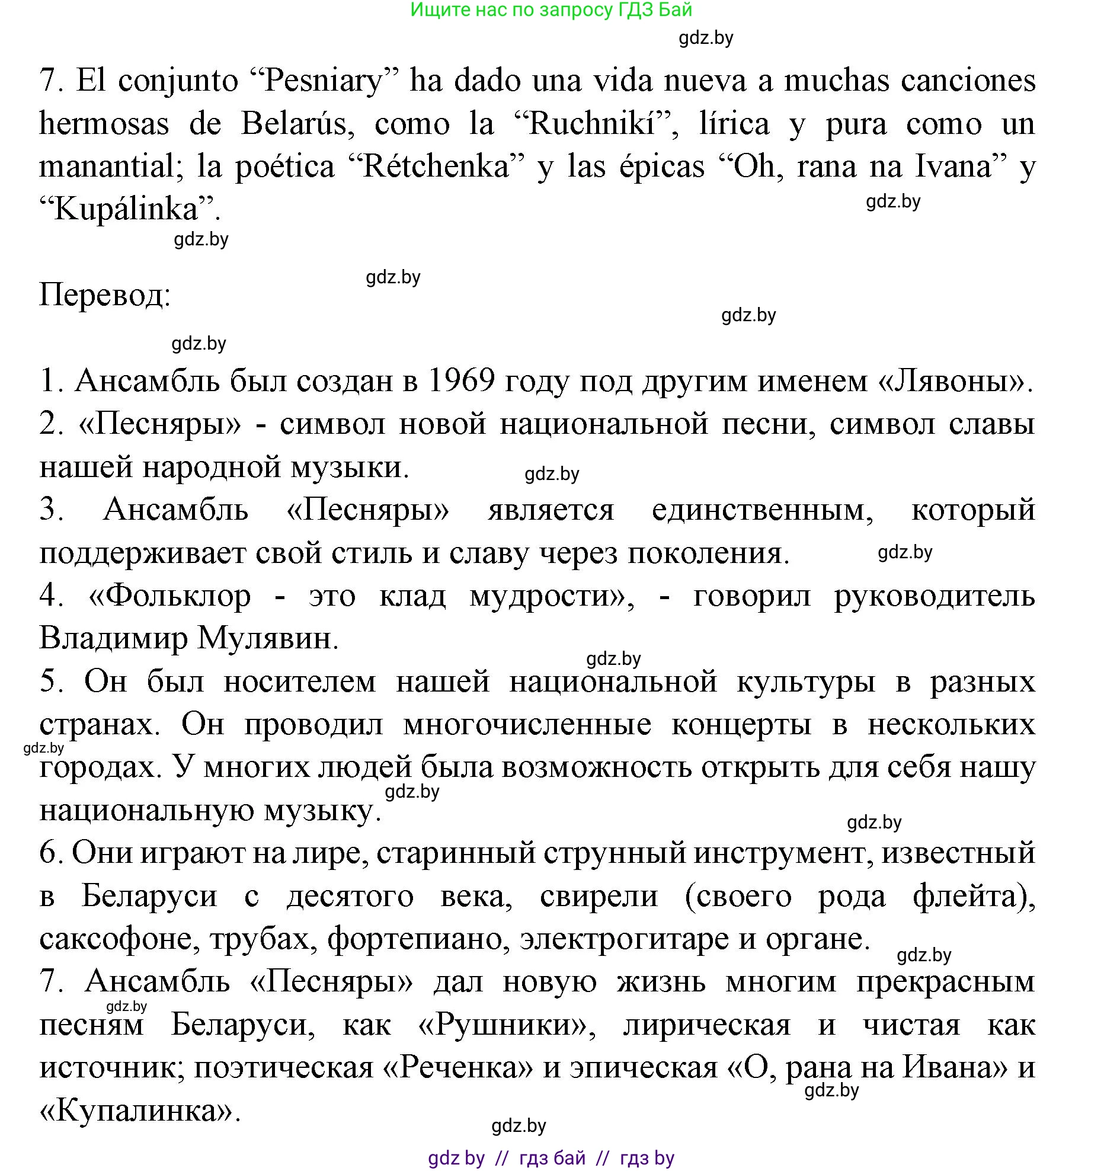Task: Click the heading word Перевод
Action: pyautogui.click(x=104, y=295)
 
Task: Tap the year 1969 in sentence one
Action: pyautogui.click(x=460, y=380)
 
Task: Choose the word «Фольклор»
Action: pyautogui.click(x=169, y=596)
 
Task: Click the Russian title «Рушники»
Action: pyautogui.click(x=507, y=1025)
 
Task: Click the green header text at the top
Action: pyautogui.click(x=551, y=10)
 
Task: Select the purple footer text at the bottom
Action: pyautogui.click(x=551, y=1157)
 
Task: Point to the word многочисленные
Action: pyautogui.click(x=527, y=725)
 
